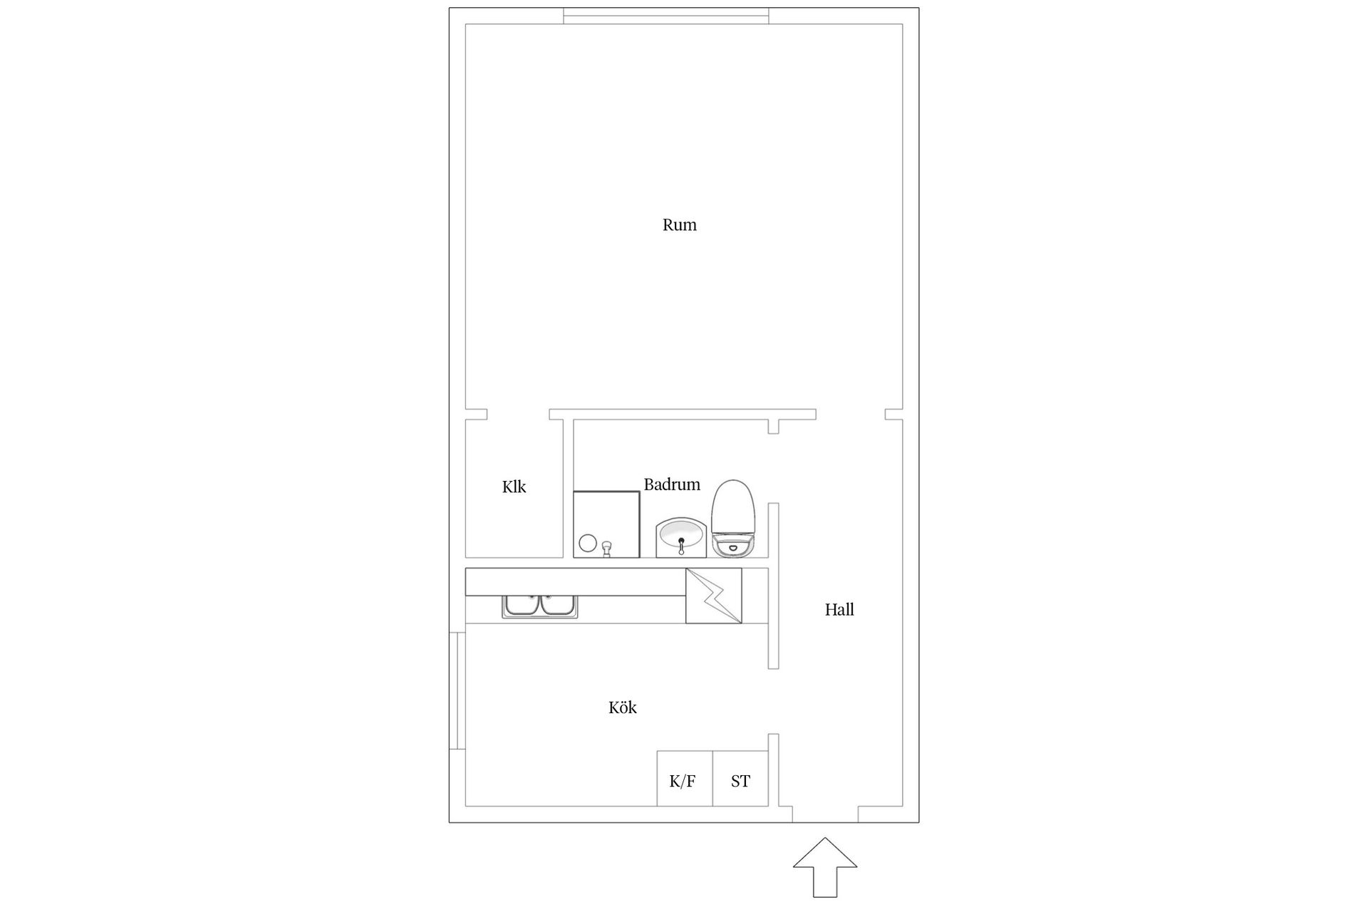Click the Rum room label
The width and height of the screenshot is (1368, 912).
point(679,225)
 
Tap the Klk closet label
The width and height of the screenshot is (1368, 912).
point(514,487)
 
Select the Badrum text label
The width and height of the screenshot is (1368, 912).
point(672,484)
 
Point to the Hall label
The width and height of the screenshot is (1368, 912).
point(839,609)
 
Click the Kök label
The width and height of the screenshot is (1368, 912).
point(622,708)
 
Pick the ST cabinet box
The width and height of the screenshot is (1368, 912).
point(740,779)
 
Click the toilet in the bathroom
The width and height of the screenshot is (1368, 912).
point(733,519)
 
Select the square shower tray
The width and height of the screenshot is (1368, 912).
point(606,524)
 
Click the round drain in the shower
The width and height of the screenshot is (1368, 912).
point(587,543)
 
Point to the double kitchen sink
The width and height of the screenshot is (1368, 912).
point(540,606)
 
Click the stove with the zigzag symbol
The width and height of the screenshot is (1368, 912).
point(714,596)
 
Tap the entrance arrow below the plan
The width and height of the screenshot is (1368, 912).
point(825,867)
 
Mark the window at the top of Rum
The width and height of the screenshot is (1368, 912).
point(666,16)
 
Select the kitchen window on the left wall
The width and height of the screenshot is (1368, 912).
point(457,690)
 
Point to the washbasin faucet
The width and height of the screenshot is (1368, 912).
point(681,546)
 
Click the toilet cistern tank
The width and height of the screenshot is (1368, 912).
point(733,546)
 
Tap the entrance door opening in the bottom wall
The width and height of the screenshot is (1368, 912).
point(825,814)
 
